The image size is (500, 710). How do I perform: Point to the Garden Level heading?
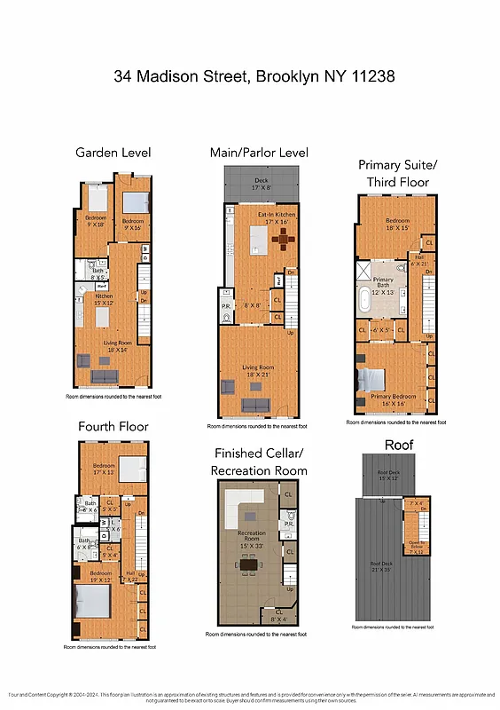(x=113, y=152)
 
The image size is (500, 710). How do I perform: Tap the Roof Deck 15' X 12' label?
(x=389, y=476)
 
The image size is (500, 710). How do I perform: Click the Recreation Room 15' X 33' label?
(x=251, y=538)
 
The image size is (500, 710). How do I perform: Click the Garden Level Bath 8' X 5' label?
(x=97, y=274)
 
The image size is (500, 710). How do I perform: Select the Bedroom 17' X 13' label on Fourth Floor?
(x=104, y=469)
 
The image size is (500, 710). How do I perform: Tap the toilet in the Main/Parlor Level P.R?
(x=227, y=316)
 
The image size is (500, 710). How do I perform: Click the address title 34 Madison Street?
(x=250, y=77)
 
